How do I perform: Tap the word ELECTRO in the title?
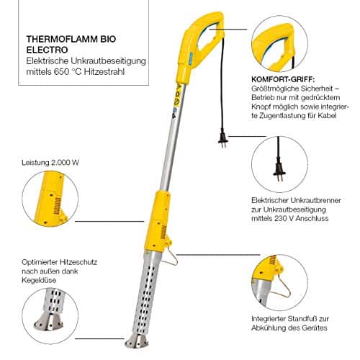point(47,50)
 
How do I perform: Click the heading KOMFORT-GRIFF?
point(283,79)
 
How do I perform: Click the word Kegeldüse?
point(39,280)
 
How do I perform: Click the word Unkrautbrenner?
point(315,200)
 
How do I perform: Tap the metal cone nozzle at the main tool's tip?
point(136,341)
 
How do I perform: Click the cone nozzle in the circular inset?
point(49,322)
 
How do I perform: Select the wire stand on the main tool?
point(172,256)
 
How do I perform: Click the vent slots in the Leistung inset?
point(57,206)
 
